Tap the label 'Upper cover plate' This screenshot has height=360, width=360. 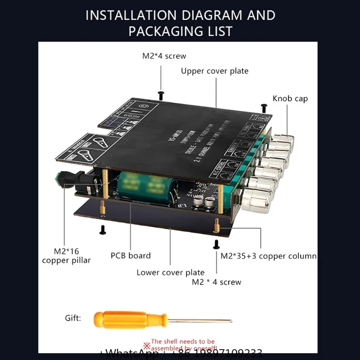[x=215, y=71]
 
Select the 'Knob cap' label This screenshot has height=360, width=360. [x=290, y=99]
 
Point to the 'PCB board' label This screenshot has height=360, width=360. [x=130, y=256]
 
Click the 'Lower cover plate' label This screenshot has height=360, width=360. [x=171, y=272]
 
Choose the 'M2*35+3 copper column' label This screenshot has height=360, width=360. [x=269, y=256]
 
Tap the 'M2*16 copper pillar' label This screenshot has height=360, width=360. [x=66, y=256]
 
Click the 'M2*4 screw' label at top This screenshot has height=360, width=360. [x=164, y=56]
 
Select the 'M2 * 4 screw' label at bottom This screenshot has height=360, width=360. [x=216, y=282]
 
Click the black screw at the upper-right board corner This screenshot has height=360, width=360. [x=264, y=107]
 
